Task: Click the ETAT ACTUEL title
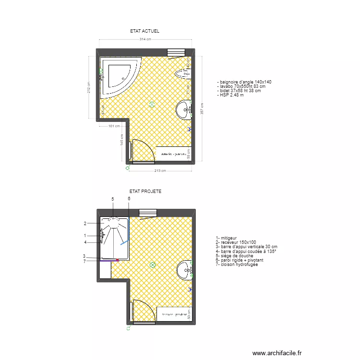point(144,31)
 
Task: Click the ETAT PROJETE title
point(145,191)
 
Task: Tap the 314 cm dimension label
point(145,39)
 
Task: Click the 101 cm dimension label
point(114,127)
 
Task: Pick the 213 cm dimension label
point(160,170)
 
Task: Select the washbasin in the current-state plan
point(184,110)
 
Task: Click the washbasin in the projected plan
point(184,270)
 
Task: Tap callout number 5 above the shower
point(113,199)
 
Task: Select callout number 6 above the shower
point(129,199)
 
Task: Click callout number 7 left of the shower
point(84,261)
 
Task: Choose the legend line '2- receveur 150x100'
point(237,242)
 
